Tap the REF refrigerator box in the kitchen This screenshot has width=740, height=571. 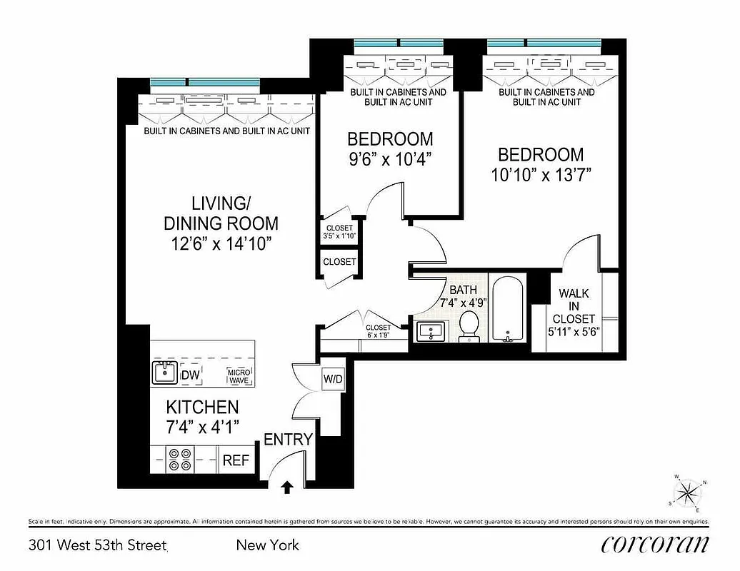click(236, 460)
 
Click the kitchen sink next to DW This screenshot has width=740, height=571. click(165, 373)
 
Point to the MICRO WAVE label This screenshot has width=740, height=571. click(239, 376)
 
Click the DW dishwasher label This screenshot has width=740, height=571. click(191, 375)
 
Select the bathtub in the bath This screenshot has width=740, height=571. click(508, 308)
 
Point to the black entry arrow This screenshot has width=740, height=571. click(287, 487)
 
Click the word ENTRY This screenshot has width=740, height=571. click(289, 439)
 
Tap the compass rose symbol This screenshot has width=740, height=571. click(689, 492)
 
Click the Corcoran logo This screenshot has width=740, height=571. click(655, 545)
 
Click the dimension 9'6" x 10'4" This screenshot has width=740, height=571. click(390, 158)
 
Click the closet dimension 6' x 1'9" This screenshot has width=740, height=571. click(378, 331)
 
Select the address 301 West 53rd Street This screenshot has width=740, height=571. click(98, 546)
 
